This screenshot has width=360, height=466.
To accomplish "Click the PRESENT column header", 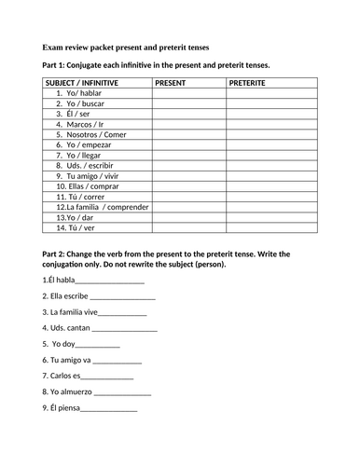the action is point(171,83).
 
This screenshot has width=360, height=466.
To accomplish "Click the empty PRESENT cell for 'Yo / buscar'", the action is point(187,103).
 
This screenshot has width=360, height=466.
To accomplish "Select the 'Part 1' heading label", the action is point(57,65).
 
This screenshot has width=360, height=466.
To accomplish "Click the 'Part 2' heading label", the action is point(57,254).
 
